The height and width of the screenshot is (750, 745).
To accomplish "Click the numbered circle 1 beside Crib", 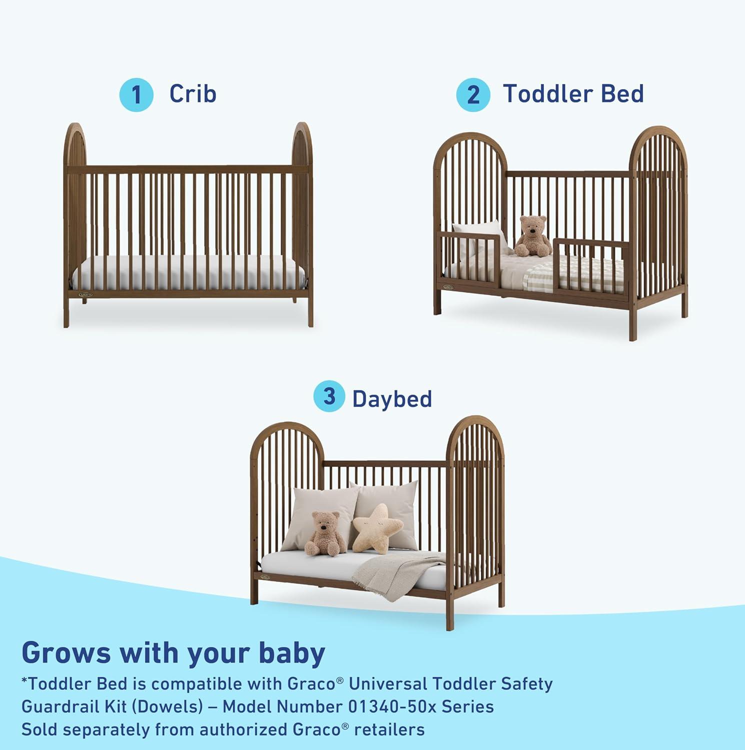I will point(136,95).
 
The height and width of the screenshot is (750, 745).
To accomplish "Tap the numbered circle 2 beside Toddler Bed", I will point(473,95).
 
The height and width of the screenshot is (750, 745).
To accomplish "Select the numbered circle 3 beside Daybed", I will point(329,396).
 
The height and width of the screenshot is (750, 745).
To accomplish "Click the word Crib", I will point(193,94).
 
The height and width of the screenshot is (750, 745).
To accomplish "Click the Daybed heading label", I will point(392,399).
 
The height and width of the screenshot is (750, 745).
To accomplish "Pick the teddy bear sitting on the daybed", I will point(325,533).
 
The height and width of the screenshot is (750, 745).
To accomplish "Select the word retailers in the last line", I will point(389,729).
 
